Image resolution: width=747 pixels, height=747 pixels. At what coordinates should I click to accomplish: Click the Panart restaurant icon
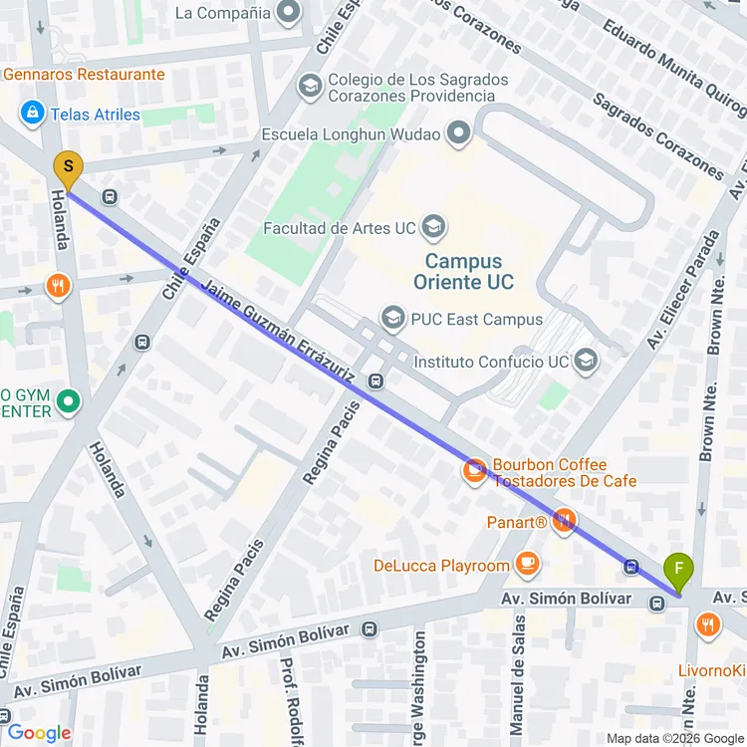(x=565, y=521)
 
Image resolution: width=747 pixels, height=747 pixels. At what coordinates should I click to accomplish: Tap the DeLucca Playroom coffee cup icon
(x=527, y=565)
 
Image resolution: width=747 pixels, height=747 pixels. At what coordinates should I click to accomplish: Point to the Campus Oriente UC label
(x=469, y=272)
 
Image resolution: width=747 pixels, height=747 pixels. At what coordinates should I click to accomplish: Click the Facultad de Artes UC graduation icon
(x=433, y=228)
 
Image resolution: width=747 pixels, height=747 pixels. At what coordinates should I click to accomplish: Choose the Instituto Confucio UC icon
(x=587, y=361)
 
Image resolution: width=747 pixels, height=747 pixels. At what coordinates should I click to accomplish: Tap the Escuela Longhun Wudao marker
(x=458, y=133)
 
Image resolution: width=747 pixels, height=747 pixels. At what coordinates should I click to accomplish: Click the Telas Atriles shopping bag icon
(x=33, y=114)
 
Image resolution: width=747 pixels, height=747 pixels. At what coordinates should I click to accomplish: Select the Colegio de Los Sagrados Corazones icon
(x=310, y=87)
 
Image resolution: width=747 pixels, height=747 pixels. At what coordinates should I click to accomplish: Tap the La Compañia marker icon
(x=290, y=13)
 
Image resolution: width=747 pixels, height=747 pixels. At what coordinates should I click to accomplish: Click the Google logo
(x=40, y=733)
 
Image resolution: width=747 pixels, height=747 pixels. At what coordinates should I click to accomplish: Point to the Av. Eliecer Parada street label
(x=683, y=289)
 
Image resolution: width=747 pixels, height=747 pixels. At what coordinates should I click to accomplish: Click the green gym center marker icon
(x=68, y=402)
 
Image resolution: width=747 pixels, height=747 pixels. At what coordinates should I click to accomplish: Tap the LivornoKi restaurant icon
(x=708, y=625)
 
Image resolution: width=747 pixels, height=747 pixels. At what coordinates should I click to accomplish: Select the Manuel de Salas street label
(x=518, y=688)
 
